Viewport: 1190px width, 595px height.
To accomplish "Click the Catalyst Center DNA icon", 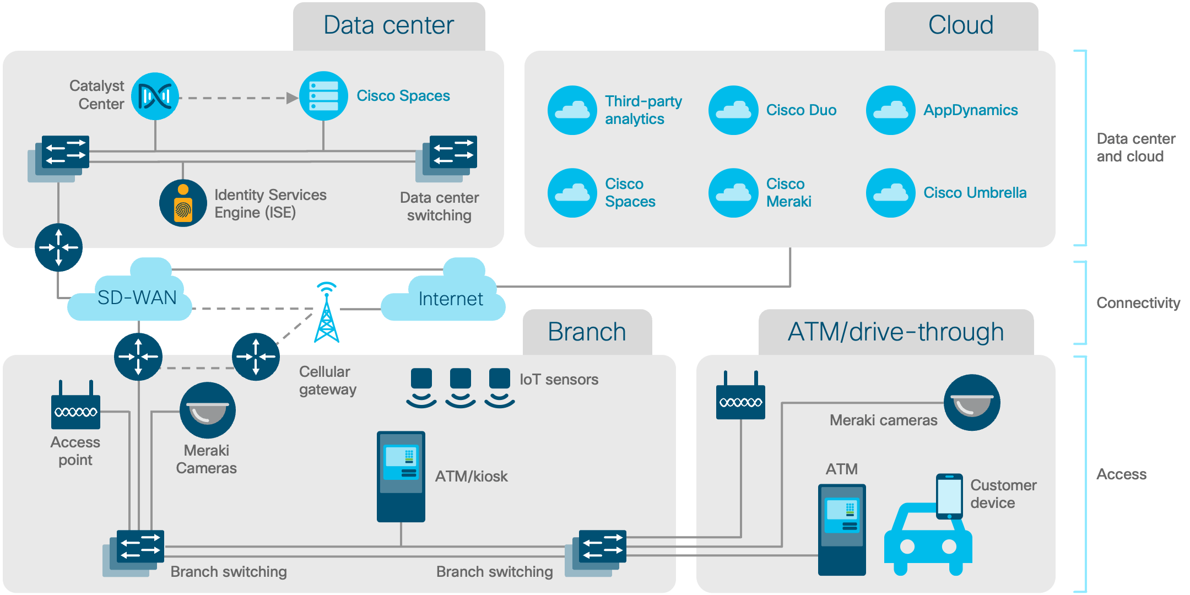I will pyautogui.click(x=155, y=96).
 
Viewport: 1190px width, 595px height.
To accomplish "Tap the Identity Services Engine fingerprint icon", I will pyautogui.click(x=183, y=203).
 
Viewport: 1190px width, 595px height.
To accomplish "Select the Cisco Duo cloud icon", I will pyautogui.click(x=733, y=110).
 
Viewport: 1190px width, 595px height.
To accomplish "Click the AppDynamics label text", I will pyautogui.click(x=970, y=110).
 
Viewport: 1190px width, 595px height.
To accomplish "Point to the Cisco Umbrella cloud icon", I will pyautogui.click(x=890, y=193).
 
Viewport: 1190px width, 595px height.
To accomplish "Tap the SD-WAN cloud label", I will pyautogui.click(x=137, y=297).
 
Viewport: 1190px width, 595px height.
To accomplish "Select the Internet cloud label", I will pyautogui.click(x=450, y=299).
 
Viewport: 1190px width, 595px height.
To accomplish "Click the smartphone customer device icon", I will pyautogui.click(x=949, y=496).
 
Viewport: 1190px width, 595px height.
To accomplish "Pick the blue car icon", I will pyautogui.click(x=927, y=540).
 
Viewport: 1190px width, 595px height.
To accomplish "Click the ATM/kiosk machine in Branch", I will pyautogui.click(x=401, y=477).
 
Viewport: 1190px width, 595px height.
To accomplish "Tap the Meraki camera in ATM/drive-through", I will pyautogui.click(x=972, y=403).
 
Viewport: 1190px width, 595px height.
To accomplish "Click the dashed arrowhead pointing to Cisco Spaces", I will pyautogui.click(x=291, y=98).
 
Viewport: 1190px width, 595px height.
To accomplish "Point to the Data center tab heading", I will pyautogui.click(x=388, y=25).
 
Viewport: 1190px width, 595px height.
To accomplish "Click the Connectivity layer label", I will pyautogui.click(x=1138, y=303).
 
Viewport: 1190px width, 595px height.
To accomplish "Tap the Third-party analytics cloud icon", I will pyautogui.click(x=572, y=110).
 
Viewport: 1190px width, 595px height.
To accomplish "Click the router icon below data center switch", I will pyautogui.click(x=58, y=247).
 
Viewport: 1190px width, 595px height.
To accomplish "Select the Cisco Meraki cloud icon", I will pyautogui.click(x=733, y=193).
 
